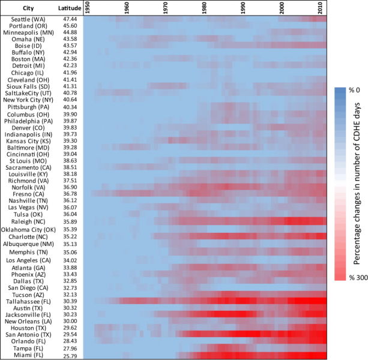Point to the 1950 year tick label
87,8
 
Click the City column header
28,8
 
